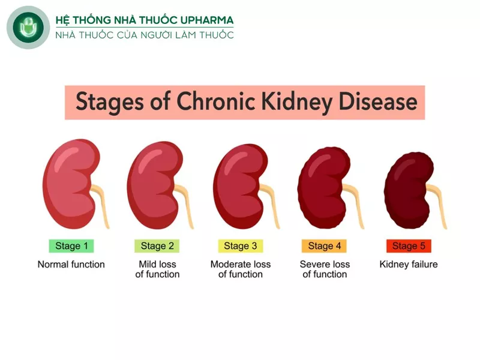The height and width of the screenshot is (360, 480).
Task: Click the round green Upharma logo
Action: coord(28,28)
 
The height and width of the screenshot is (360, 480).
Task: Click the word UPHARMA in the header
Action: coord(207,20)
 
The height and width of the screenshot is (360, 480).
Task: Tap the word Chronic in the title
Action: coord(215,101)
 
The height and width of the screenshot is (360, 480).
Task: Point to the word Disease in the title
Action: coord(378,101)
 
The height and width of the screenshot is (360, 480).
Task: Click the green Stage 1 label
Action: coord(71,246)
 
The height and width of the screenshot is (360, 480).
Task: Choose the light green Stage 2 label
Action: coord(157,246)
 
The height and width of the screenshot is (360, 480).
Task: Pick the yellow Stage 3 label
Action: coord(241,246)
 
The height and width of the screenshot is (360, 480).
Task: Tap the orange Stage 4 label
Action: coord(324,246)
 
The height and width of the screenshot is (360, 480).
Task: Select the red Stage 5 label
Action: coord(409,246)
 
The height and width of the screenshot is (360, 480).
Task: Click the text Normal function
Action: coord(71,264)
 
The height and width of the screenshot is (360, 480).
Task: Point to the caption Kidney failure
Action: coord(409,265)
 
